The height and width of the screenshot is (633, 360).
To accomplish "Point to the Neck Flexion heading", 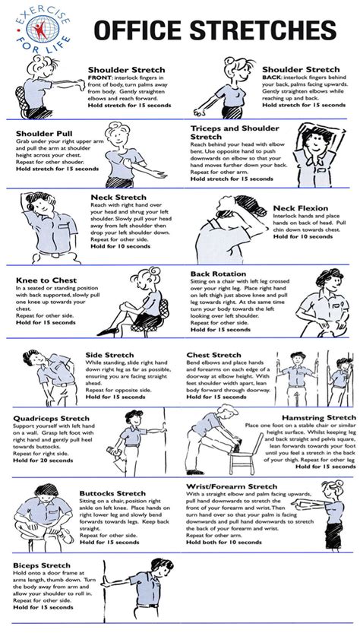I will [301, 207].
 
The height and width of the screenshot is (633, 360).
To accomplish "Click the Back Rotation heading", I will [219, 273].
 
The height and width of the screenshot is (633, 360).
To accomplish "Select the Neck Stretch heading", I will [114, 197].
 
